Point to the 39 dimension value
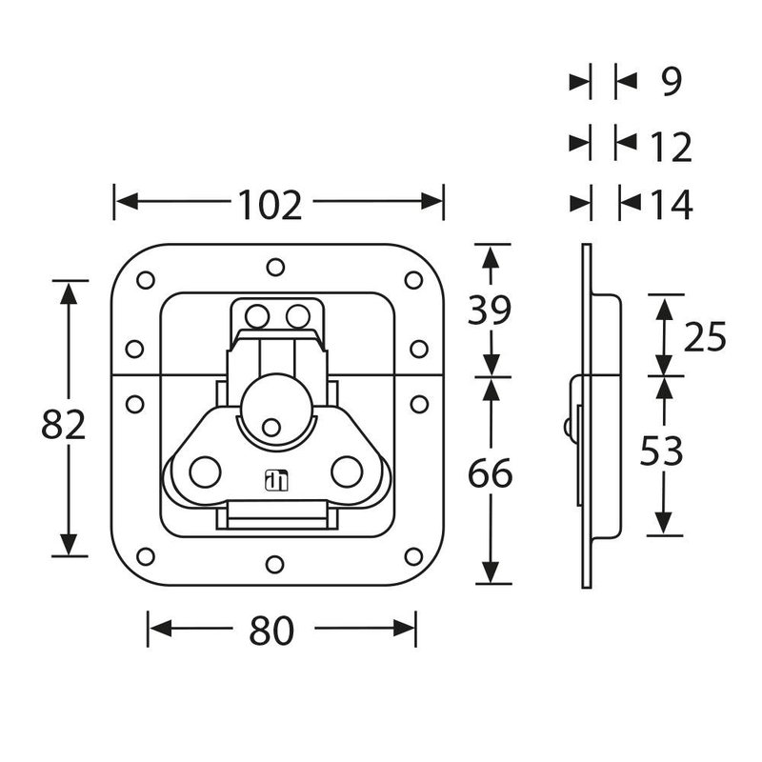(490, 310)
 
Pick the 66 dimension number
(490, 473)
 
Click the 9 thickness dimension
(671, 83)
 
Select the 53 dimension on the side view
(661, 452)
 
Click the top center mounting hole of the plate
(274, 267)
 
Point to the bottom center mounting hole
(274, 565)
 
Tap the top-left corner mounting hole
(146, 281)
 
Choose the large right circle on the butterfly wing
(346, 470)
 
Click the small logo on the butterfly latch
(275, 482)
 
